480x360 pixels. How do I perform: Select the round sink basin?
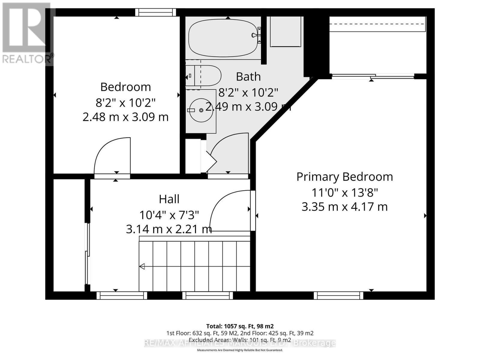click(x=201, y=110)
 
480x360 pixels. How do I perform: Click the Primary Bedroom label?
click(x=344, y=177)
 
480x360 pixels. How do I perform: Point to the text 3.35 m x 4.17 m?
click(x=344, y=207)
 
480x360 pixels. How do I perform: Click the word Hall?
click(x=169, y=199)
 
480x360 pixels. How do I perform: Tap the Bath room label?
click(x=248, y=77)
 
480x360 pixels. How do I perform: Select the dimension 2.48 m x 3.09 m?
click(x=125, y=117)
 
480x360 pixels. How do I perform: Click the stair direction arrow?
click(x=142, y=266)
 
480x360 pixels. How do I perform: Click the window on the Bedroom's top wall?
click(x=155, y=12)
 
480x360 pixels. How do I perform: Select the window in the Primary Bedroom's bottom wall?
click(x=338, y=295)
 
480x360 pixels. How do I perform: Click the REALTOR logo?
click(x=27, y=33)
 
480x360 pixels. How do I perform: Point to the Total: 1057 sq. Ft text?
click(x=240, y=326)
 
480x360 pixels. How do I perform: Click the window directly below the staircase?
click(x=208, y=295)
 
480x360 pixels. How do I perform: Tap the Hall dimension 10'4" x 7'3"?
click(x=169, y=215)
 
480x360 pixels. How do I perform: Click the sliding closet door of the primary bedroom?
click(x=373, y=76)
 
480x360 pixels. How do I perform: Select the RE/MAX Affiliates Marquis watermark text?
click(x=240, y=343)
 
